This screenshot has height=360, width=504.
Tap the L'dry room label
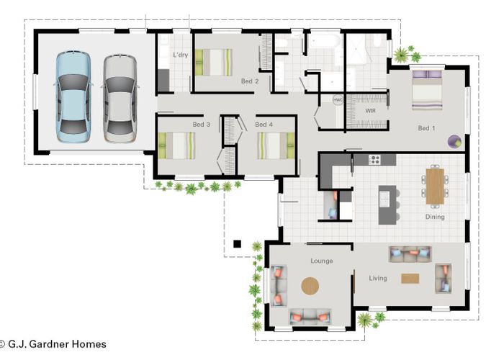click(180, 55)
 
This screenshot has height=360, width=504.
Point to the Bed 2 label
click(250, 81)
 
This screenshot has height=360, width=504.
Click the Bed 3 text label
click(202, 125)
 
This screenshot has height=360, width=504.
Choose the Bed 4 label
click(264, 125)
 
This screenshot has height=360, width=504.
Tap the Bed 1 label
click(427, 128)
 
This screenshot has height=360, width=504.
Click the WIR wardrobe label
click(371, 112)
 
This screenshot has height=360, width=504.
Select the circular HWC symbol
click(338, 100)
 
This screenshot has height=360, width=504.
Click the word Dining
click(434, 217)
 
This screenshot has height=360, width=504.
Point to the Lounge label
click(321, 261)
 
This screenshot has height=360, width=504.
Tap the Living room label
click(378, 278)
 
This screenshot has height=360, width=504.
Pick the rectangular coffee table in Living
click(410, 279)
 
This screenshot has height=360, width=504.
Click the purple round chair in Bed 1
click(454, 141)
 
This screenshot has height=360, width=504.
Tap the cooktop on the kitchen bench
click(374, 159)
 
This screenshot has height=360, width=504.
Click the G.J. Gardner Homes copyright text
click(53, 344)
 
